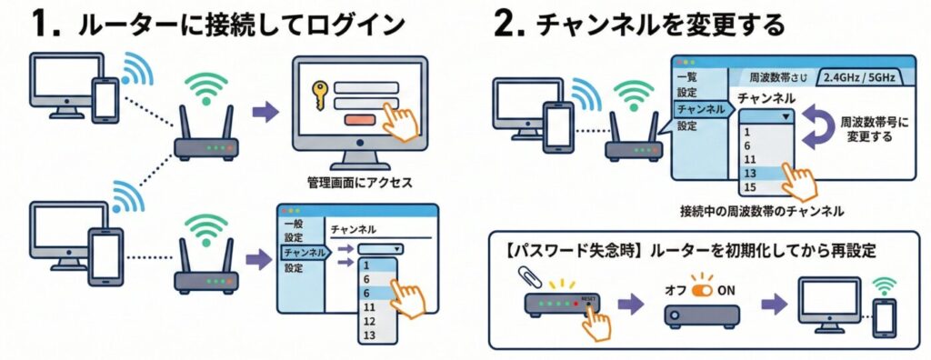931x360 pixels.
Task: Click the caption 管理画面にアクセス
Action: pos(360,183)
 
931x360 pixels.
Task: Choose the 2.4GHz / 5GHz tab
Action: pos(858,77)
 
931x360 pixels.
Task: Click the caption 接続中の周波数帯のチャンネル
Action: pos(762,211)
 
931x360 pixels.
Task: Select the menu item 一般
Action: pos(294,224)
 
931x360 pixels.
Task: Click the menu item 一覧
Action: pos(687,77)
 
